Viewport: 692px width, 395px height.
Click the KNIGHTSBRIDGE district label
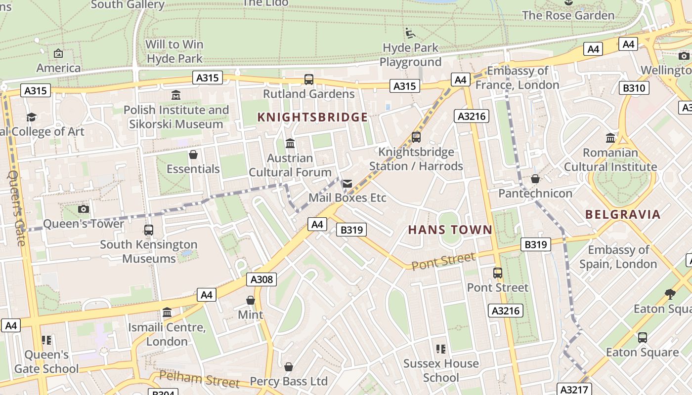coord(313,117)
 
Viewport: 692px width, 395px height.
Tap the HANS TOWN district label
coord(450,230)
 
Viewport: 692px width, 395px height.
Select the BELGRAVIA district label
coord(623,214)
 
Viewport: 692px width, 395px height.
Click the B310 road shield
coord(634,88)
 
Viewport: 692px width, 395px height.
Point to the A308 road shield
coord(261,279)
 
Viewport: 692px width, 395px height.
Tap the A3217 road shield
coord(573,390)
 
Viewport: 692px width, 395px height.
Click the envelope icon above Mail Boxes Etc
coord(347,184)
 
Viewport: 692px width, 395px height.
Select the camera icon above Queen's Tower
coord(84,209)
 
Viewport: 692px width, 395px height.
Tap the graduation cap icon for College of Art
coord(32,117)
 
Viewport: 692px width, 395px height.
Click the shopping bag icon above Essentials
coord(193,155)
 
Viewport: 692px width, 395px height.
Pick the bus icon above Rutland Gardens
coord(309,79)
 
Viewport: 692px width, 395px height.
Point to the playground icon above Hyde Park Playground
coord(410,33)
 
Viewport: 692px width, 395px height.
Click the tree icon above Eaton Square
coord(670,294)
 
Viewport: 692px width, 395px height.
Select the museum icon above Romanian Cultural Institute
coord(610,138)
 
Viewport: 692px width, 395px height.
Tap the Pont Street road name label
coord(443,261)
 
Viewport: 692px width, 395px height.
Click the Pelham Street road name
coord(199,379)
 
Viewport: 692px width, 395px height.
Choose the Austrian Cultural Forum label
coord(290,165)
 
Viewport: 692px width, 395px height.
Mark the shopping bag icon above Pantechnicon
coord(535,179)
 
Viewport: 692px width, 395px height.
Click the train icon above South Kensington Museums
coord(148,230)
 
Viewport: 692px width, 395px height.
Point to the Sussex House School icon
coord(441,349)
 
